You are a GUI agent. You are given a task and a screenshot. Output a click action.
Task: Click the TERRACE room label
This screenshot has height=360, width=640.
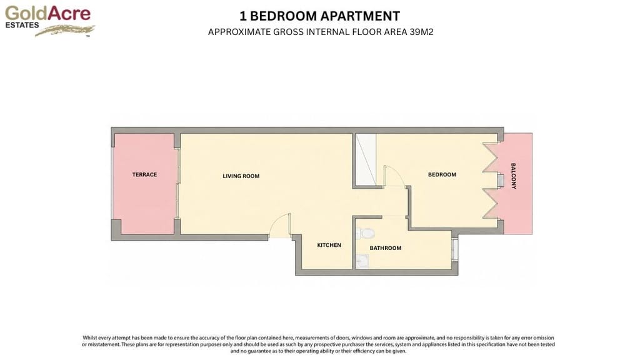pyautogui.click(x=144, y=175)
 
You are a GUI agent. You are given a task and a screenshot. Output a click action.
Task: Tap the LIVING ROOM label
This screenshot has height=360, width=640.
pyautogui.click(x=241, y=176)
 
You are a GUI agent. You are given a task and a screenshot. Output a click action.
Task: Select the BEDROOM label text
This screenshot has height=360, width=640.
pyautogui.click(x=442, y=175)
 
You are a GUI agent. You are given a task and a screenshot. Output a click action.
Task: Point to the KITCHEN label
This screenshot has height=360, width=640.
pyautogui.click(x=329, y=245)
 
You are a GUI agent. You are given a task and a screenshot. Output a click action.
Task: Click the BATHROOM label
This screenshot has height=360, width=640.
pyautogui.click(x=385, y=248)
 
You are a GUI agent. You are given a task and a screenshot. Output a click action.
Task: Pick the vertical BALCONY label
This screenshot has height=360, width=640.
pyautogui.click(x=514, y=176)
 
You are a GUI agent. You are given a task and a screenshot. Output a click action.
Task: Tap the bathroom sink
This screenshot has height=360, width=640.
pyautogui.click(x=362, y=261)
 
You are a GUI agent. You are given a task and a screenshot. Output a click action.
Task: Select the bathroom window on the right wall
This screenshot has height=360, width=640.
pyautogui.click(x=455, y=249)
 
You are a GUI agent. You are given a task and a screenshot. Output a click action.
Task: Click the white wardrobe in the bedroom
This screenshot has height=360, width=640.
pyautogui.click(x=366, y=159)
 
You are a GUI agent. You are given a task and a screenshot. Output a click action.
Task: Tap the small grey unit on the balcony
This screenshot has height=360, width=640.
pyautogui.click(x=501, y=181)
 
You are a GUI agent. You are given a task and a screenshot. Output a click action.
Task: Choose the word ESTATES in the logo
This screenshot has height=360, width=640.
pyautogui.click(x=22, y=25)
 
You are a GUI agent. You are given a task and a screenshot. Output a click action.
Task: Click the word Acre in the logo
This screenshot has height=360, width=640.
pyautogui.click(x=69, y=13)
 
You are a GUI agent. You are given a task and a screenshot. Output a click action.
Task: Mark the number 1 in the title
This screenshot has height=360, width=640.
pyautogui.click(x=243, y=16)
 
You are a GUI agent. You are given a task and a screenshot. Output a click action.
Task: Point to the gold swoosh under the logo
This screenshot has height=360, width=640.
pyautogui.click(x=65, y=31)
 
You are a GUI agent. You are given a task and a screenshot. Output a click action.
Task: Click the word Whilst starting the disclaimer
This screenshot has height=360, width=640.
pyautogui.click(x=90, y=338)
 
